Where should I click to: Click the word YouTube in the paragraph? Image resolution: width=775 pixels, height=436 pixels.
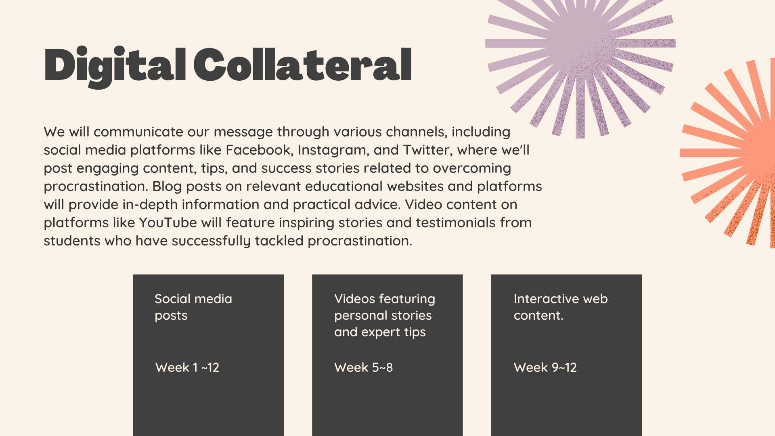(x=168, y=222)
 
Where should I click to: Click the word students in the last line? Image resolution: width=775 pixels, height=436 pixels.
(x=72, y=241)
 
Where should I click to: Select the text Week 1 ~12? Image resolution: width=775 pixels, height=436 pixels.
(x=187, y=367)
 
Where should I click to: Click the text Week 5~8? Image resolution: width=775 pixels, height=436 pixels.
(x=363, y=367)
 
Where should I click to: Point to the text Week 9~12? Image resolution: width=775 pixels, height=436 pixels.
(x=545, y=367)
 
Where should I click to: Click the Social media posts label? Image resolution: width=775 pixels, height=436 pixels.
(x=193, y=307)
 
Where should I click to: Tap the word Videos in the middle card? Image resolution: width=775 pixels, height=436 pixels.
(x=355, y=299)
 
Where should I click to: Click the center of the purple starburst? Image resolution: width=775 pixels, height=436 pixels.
(x=580, y=43)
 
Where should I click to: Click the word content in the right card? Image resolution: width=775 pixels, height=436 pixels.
(x=538, y=315)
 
